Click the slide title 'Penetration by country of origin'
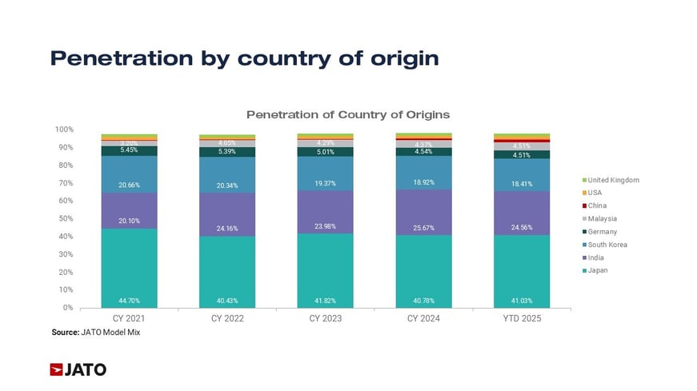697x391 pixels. tap(244, 58)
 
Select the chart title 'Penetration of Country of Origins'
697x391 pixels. tap(347, 114)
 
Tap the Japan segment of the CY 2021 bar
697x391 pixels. tap(129, 268)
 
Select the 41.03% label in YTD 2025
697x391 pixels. tap(522, 301)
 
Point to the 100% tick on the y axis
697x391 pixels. tap(66, 129)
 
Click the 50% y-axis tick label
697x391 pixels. tap(67, 218)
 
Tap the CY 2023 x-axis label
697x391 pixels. tap(325, 318)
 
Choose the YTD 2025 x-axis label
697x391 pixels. tap(522, 318)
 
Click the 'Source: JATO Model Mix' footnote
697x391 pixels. tap(95, 332)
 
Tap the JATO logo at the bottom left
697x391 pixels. tap(78, 369)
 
